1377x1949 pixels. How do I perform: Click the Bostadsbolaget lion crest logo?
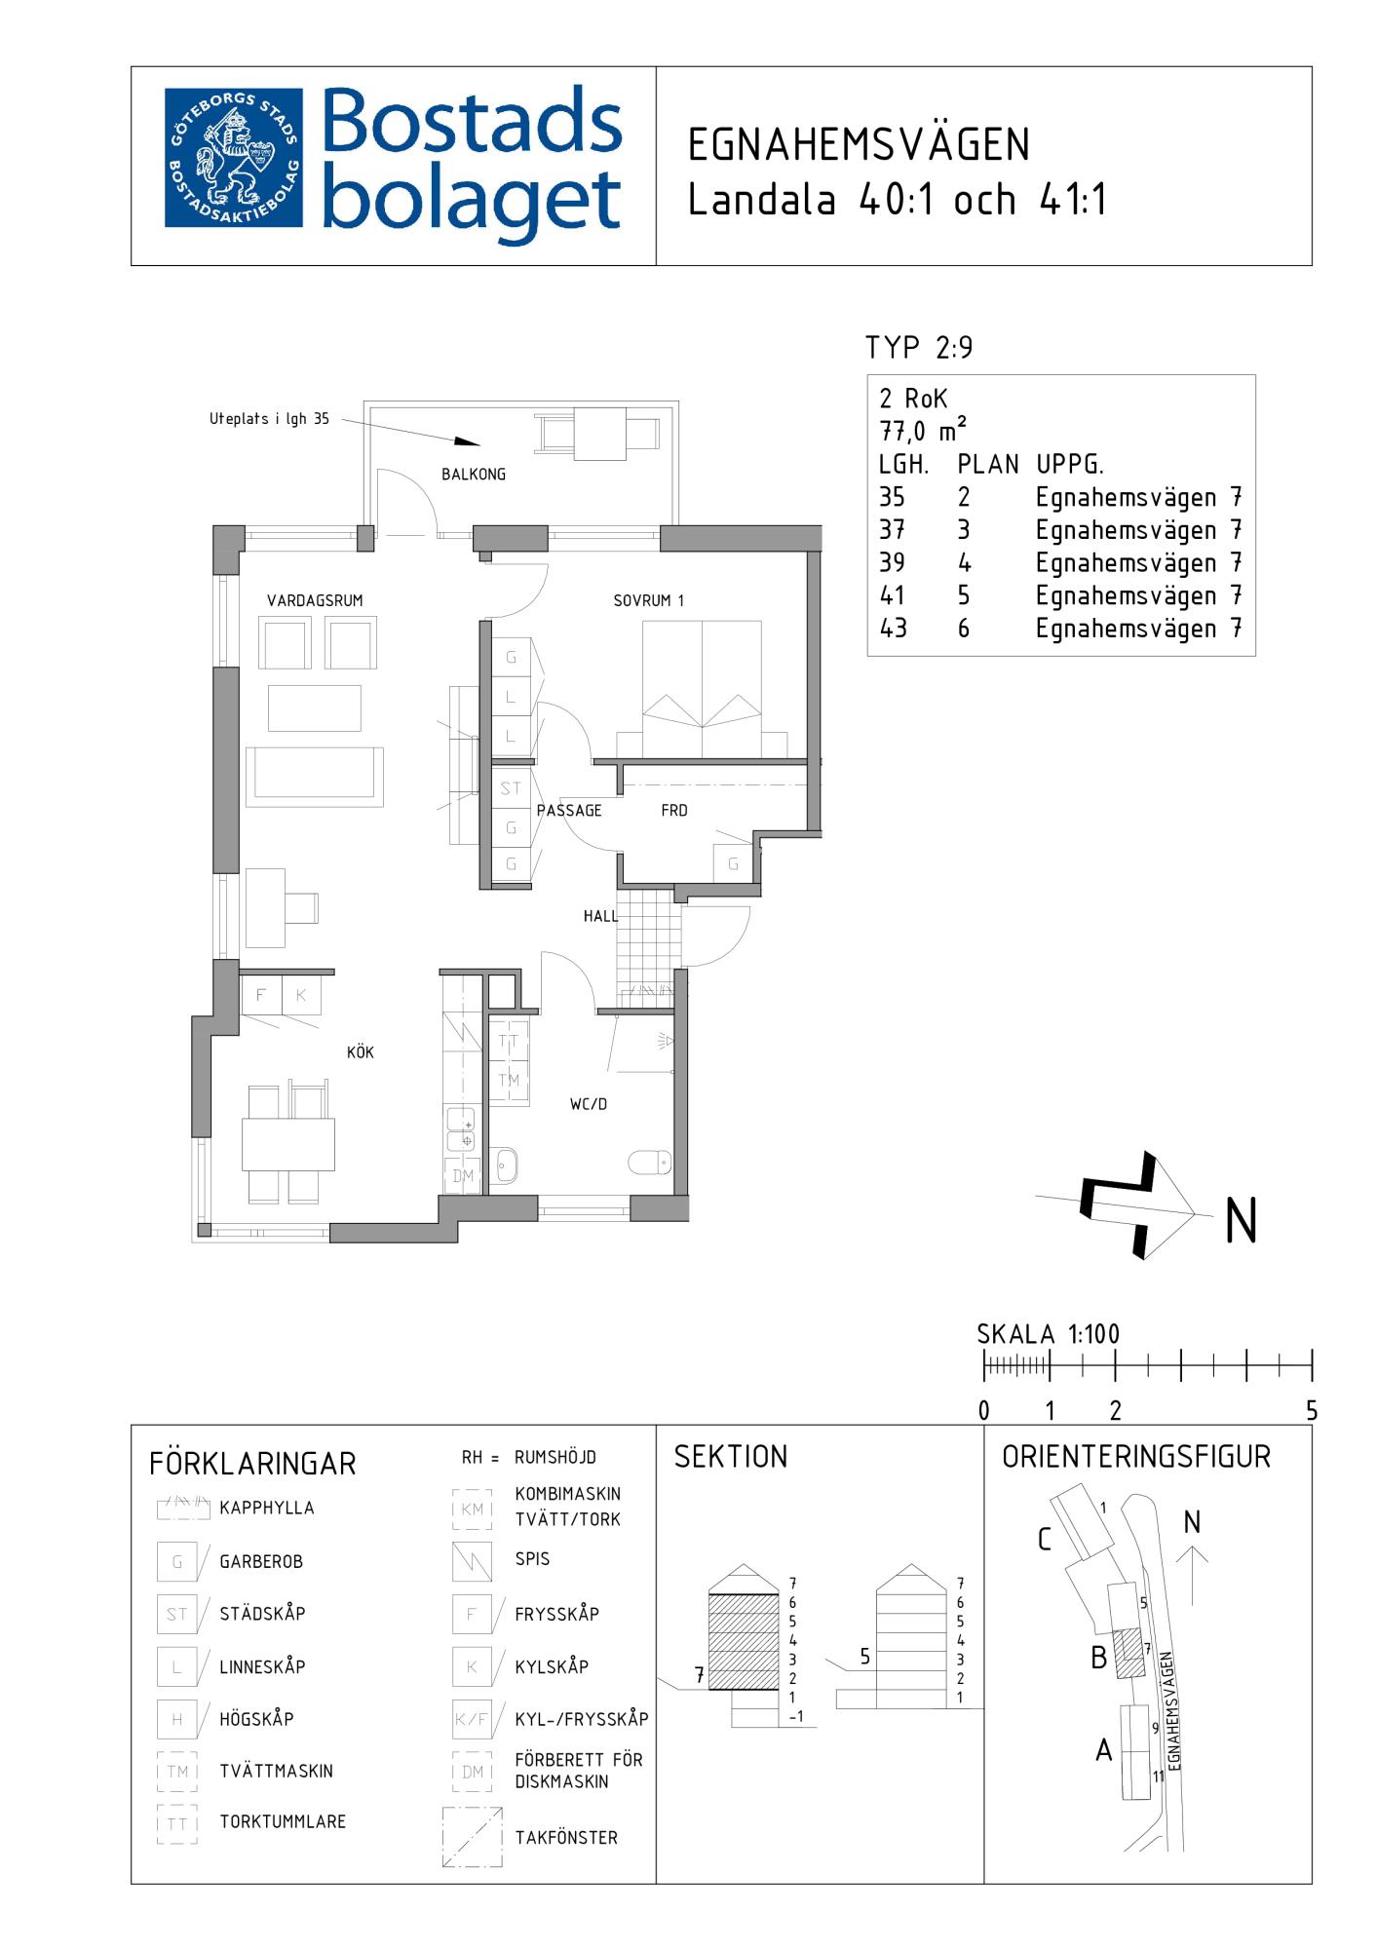point(233,159)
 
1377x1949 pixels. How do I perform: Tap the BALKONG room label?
point(474,475)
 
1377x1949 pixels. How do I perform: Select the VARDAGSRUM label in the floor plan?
point(315,600)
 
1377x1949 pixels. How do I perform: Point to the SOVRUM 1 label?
point(649,600)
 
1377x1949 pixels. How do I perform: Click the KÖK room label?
point(361,1052)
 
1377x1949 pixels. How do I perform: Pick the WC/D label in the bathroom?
point(589,1104)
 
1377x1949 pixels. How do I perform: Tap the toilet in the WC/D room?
point(650,1162)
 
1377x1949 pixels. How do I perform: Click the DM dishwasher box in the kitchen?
point(464,1176)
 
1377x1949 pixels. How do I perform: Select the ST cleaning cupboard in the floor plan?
point(512,788)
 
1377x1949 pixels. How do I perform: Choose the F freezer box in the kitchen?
point(261,995)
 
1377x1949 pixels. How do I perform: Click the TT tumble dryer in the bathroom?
point(509,1041)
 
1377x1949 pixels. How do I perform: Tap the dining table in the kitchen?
point(288,1144)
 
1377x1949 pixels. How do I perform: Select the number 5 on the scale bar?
point(1312,1410)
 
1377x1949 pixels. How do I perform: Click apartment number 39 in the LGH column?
point(892,563)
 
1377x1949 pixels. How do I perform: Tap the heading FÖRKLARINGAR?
point(253,1464)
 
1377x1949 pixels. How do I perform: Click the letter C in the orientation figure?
point(1045,1541)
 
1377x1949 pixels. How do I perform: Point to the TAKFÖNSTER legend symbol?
point(473,1837)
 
